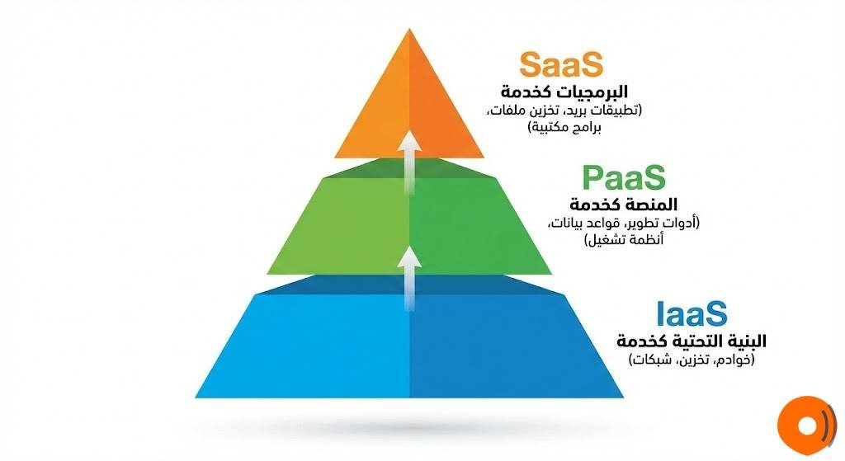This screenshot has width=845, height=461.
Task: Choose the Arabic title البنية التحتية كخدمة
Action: (691, 341)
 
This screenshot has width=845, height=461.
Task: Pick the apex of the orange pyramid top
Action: (409, 30)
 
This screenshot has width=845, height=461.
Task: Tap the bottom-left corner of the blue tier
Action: (196, 397)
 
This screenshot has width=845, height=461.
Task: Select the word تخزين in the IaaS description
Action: (692, 360)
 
